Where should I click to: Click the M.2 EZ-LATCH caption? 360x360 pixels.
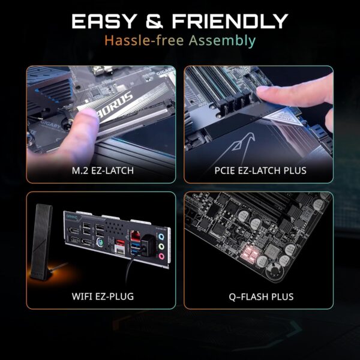[100, 171]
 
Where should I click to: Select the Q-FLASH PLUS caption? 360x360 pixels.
[259, 296]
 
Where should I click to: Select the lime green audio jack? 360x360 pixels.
[162, 245]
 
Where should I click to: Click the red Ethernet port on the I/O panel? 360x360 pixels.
[137, 236]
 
